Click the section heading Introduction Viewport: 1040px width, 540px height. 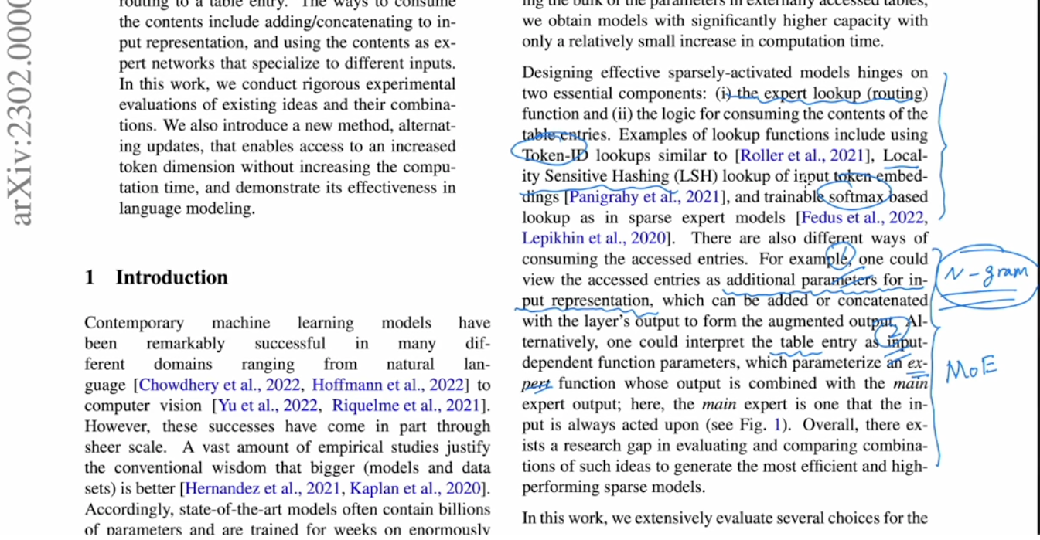point(172,277)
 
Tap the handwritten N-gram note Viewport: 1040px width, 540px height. point(986,273)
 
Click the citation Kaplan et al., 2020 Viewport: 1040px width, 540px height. point(418,488)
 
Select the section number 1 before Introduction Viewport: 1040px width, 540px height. point(90,277)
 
